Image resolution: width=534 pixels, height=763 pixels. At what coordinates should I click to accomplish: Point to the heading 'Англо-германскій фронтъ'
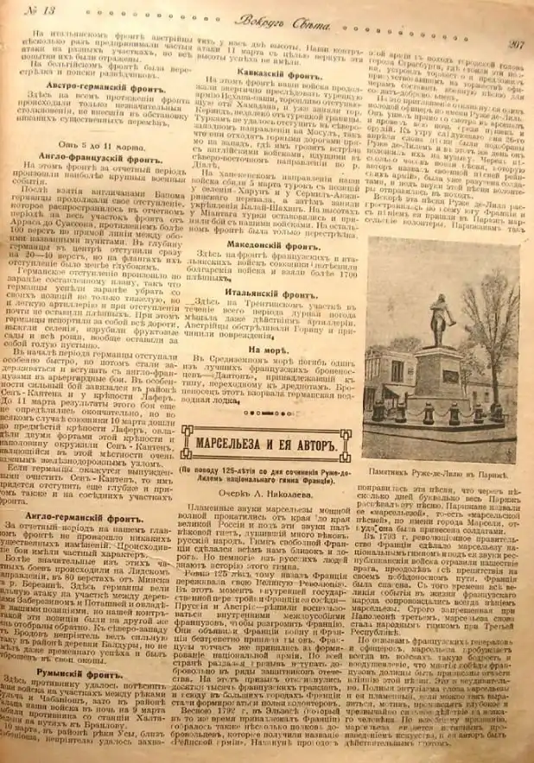pos(98,510)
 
